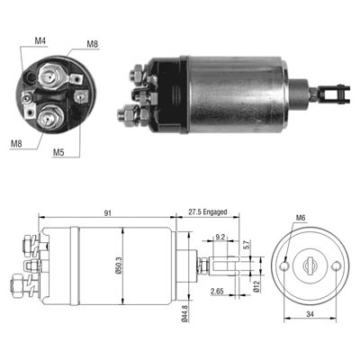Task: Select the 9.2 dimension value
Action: coord(221,238)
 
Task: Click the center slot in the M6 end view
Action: coord(310,267)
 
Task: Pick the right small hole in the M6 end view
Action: coord(336,267)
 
